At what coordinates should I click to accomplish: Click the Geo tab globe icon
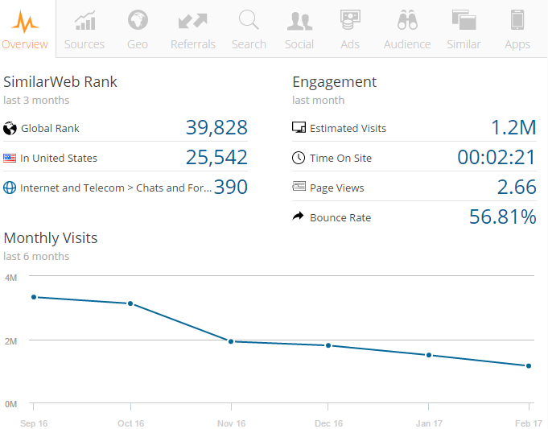click(138, 20)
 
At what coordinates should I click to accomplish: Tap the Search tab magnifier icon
click(249, 20)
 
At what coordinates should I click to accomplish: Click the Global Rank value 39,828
click(216, 128)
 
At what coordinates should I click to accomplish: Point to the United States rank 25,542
click(216, 158)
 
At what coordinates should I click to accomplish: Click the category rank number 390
click(231, 188)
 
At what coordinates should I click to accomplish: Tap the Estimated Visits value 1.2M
click(513, 128)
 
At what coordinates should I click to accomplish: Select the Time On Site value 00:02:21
click(496, 158)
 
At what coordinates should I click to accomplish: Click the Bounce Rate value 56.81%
click(503, 217)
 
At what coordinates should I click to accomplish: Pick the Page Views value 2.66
click(517, 188)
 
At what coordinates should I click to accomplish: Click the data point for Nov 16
click(231, 341)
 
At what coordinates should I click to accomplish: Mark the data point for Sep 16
click(34, 297)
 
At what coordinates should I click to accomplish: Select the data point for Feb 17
click(529, 366)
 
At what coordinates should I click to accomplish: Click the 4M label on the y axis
click(11, 277)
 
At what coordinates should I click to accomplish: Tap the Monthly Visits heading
click(51, 238)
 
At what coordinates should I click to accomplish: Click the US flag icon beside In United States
click(10, 159)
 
